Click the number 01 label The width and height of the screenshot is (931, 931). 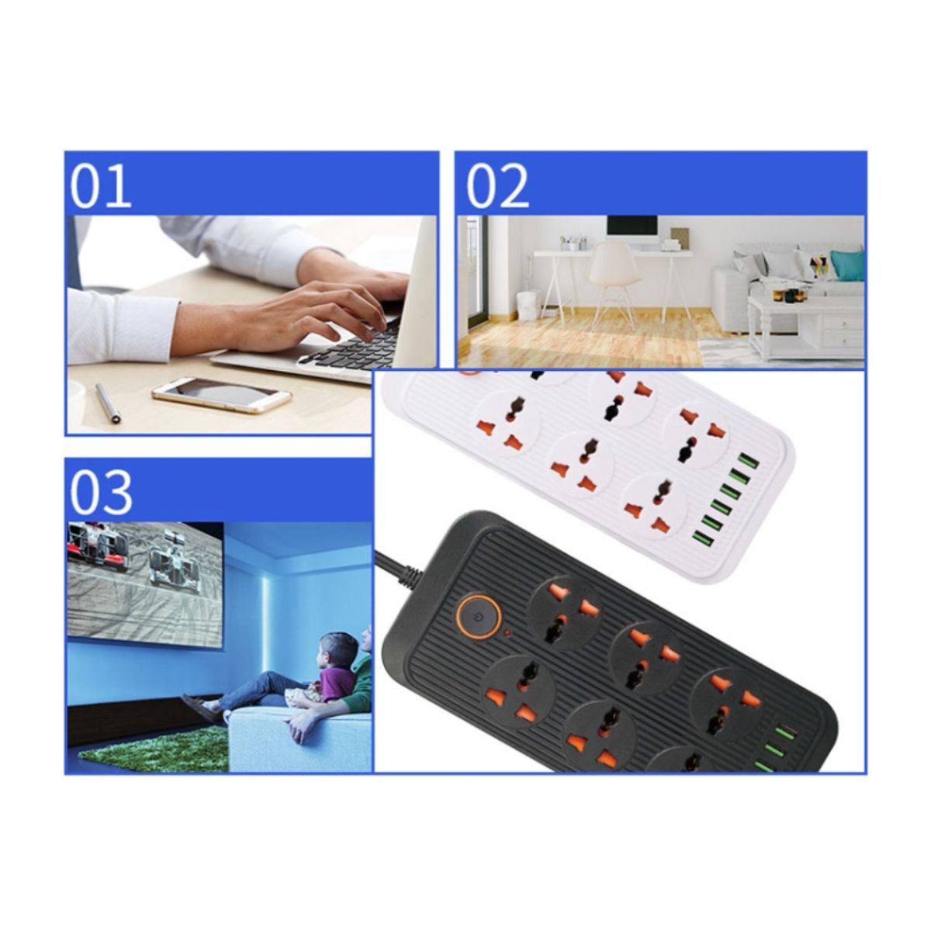click(101, 186)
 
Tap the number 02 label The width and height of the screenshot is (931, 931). click(497, 186)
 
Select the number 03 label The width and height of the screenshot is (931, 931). click(102, 493)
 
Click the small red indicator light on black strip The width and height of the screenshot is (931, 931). click(507, 632)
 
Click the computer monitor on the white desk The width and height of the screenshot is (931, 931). click(632, 231)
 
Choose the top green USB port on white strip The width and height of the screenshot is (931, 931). click(746, 460)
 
